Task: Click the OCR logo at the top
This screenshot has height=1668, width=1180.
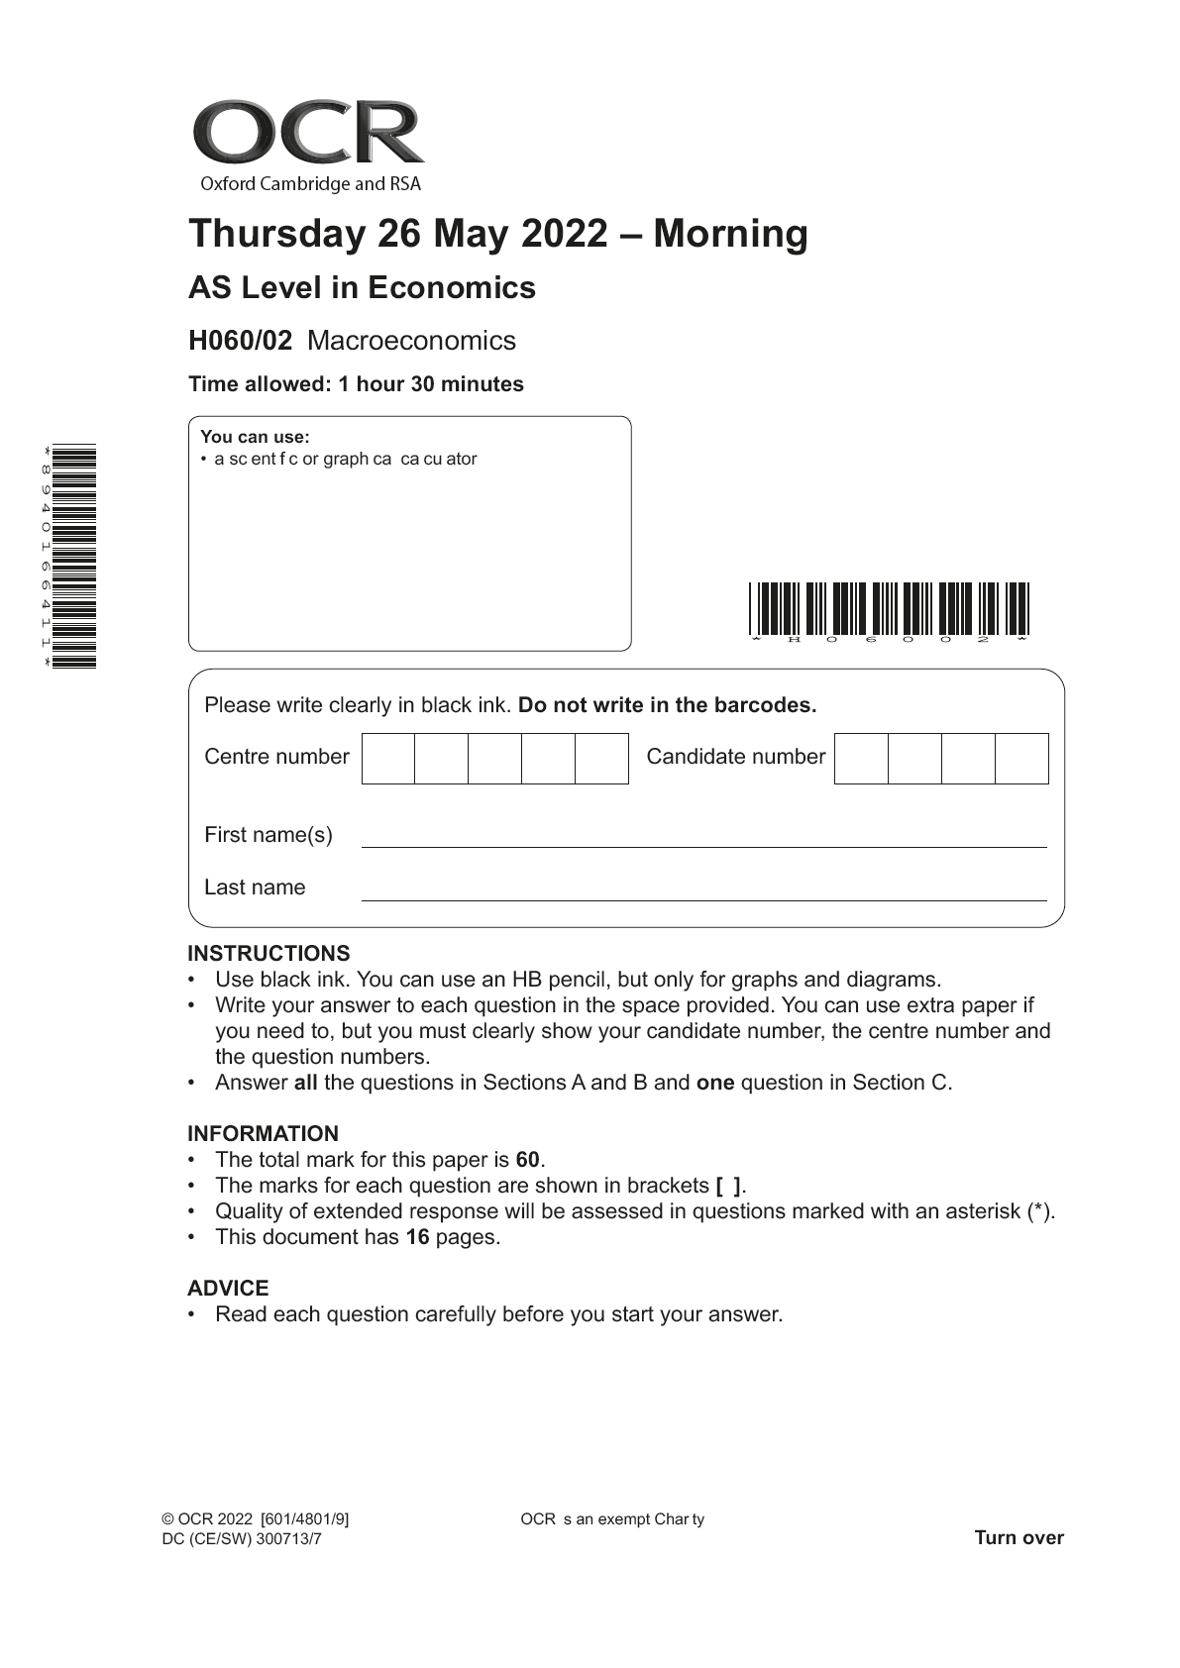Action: point(308,145)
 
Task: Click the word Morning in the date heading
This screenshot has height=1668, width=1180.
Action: point(730,234)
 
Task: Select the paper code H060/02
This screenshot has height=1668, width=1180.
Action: point(241,341)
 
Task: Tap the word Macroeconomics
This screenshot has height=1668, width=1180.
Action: point(411,341)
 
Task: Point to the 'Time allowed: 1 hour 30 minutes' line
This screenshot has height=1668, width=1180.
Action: point(356,384)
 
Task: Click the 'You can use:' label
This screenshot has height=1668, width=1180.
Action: point(255,437)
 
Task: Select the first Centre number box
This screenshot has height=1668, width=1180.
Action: point(388,759)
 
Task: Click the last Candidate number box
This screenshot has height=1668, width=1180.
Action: point(1021,759)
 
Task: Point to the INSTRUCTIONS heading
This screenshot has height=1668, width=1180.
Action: point(268,954)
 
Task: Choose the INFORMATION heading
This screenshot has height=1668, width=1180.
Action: point(263,1134)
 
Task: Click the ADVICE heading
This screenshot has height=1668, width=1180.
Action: point(228,1289)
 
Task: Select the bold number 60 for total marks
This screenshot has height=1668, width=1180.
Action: point(527,1160)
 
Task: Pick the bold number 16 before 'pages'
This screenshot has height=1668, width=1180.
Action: point(417,1237)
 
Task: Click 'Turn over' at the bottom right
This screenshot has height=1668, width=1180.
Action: point(1019,1538)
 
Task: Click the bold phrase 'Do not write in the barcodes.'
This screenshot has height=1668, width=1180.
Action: point(667,705)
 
